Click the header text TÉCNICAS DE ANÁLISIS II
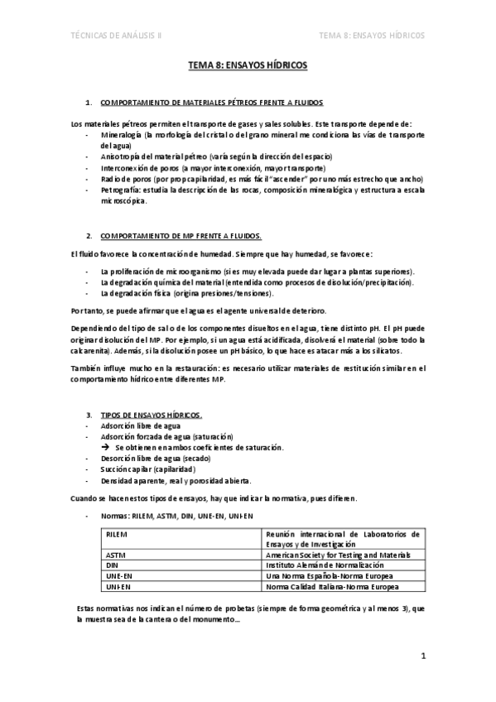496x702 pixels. tap(117, 36)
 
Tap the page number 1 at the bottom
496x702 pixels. tap(423, 658)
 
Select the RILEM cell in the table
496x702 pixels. tap(118, 535)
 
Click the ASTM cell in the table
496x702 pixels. tap(117, 555)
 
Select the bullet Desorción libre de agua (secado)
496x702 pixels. tap(155, 458)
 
